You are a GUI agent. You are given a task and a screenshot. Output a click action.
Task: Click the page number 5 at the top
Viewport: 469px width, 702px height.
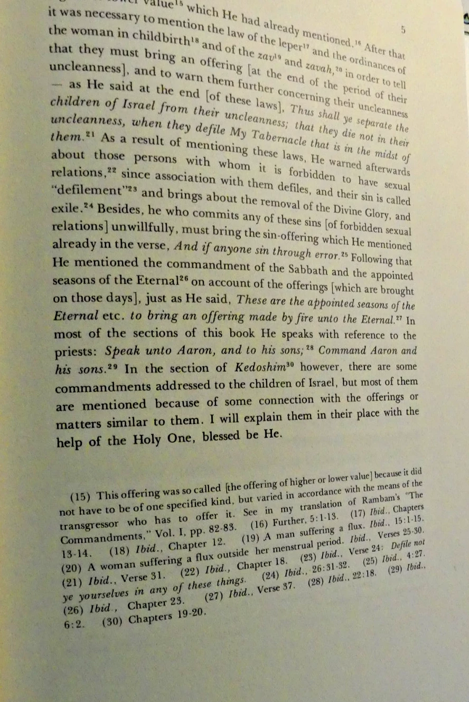(x=403, y=30)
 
